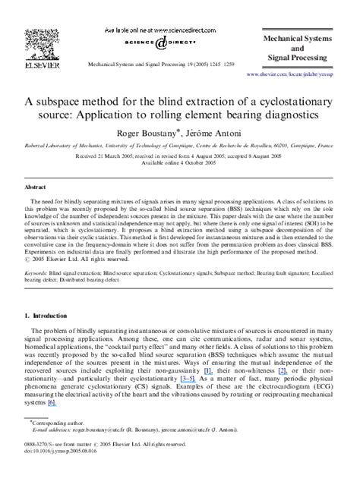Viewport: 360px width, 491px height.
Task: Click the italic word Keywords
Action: pyautogui.click(x=38, y=289)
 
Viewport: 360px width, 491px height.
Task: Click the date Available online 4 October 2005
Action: pyautogui.click(x=179, y=162)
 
